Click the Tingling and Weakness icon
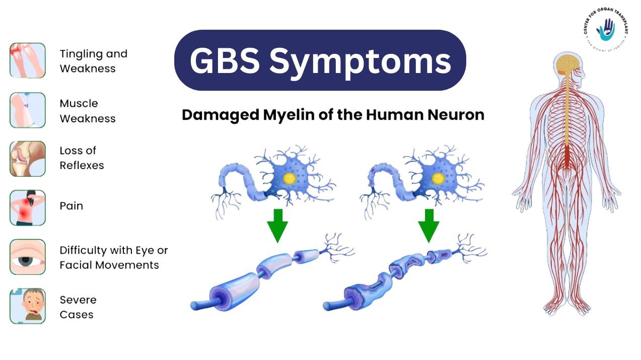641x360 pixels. [x=28, y=60]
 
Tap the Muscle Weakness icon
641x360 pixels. [x=28, y=110]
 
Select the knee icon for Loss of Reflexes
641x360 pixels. [x=28, y=159]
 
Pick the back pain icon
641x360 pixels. [x=28, y=208]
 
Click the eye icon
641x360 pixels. [x=28, y=257]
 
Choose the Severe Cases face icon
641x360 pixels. [x=28, y=306]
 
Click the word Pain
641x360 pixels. [x=72, y=206]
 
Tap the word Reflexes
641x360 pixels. [x=82, y=166]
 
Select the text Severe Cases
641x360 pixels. [x=78, y=307]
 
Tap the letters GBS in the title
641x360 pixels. [x=225, y=60]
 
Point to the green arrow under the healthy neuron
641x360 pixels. [x=277, y=226]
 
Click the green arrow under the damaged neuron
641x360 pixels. [x=429, y=226]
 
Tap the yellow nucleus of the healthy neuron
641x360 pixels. [x=290, y=179]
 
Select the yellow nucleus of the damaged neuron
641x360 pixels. [x=438, y=179]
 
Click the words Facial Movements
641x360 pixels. [x=109, y=265]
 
